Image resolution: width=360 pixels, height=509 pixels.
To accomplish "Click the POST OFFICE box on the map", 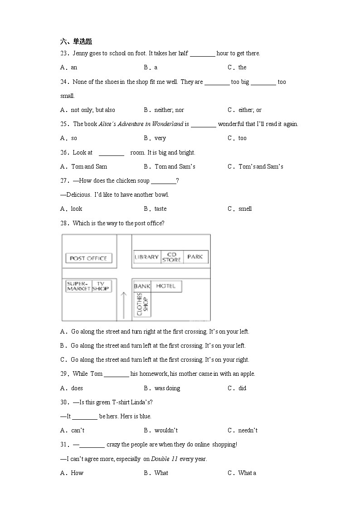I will coord(88,258).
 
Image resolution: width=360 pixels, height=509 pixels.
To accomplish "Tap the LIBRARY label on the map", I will coord(147,257).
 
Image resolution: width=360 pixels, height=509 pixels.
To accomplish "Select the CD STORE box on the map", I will coord(172,257).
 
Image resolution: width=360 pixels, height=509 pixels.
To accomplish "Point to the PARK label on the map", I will coord(195,257).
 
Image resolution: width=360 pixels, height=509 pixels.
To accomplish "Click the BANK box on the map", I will coord(142,286).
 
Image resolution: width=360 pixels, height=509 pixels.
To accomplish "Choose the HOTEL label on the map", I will coord(165,286).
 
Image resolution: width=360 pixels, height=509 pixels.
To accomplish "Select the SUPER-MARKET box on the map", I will coord(78,286).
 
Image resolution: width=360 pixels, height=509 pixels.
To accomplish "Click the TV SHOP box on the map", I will coord(101,286).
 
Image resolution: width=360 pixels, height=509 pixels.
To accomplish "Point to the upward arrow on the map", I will coord(123,305).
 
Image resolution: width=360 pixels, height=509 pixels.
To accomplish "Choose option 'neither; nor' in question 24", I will coord(169,110).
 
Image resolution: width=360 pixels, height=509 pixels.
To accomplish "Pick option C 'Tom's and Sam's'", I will coord(261,166).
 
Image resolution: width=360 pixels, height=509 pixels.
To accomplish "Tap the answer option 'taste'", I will coord(161,209).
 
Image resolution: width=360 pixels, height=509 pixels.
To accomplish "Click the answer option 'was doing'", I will coord(167,388).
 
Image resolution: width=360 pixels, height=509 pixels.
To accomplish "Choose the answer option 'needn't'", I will coord(248,430).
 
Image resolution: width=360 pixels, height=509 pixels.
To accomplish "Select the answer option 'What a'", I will coord(247,473).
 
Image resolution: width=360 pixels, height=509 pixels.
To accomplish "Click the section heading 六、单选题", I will coord(76,42).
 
